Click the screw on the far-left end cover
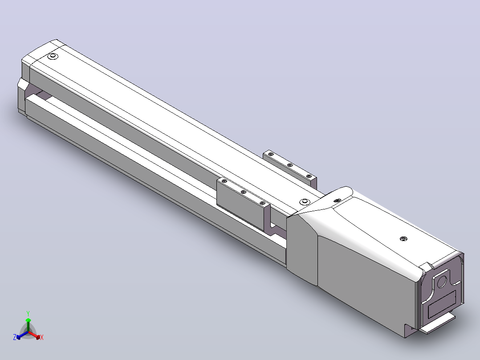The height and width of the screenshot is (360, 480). (53, 57)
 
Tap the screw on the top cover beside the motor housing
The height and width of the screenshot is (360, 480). (304, 201)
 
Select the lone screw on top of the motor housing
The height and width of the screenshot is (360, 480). (404, 239)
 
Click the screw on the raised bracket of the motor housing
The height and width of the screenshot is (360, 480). (338, 200)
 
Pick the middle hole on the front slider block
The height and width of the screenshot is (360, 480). (244, 192)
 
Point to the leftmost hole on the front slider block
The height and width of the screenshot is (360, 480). (224, 181)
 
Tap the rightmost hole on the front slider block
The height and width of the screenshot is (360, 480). (262, 203)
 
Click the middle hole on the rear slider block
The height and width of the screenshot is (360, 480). (289, 165)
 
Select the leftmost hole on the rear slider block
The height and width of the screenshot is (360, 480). (270, 154)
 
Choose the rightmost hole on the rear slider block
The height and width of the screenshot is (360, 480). (309, 176)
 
